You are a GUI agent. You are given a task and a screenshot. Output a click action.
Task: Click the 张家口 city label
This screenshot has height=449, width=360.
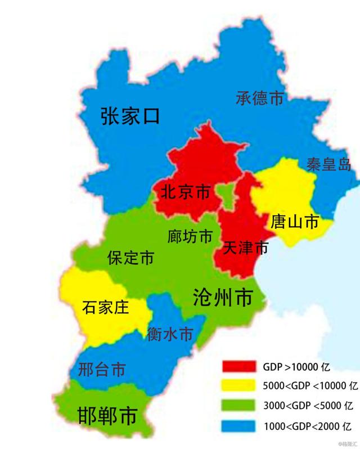[x=130, y=116]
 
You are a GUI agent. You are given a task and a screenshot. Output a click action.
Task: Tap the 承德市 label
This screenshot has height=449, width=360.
[x=259, y=98]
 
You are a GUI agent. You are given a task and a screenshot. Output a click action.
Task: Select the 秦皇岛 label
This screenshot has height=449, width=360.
[x=329, y=164]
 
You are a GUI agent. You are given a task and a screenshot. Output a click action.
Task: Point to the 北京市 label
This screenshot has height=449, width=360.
[x=185, y=192]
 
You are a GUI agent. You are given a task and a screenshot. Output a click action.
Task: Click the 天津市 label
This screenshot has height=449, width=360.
[x=245, y=248]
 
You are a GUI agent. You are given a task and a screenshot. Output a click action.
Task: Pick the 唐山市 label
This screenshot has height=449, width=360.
[x=295, y=222]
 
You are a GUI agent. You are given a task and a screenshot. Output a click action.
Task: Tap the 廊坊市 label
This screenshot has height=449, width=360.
[x=190, y=236]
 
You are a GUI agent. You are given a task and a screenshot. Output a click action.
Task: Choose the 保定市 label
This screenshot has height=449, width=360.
[x=130, y=258]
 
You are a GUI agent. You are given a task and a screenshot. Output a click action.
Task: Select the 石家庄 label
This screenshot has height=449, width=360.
[x=106, y=308]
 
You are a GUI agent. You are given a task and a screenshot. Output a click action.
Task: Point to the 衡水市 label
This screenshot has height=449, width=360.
[x=169, y=334]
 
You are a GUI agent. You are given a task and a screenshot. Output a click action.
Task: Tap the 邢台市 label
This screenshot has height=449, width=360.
[x=102, y=370]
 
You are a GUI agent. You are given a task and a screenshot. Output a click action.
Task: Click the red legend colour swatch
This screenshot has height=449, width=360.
[x=238, y=367]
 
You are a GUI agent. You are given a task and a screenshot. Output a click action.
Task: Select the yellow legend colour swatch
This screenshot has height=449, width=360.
[x=238, y=386]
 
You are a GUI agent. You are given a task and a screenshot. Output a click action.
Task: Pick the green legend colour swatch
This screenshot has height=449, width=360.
[x=238, y=405]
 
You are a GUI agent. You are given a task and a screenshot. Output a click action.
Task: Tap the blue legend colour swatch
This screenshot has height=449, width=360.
[x=238, y=424]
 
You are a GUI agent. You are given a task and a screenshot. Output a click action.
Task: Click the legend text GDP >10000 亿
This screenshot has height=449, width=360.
[x=296, y=367]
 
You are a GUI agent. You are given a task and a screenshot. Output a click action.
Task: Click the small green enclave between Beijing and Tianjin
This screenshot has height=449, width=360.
[x=226, y=195]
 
